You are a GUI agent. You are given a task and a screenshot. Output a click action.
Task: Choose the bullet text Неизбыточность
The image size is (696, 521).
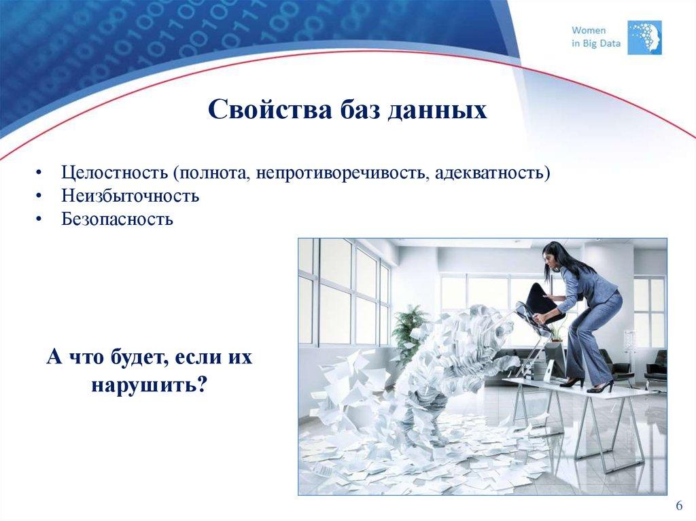pyautogui.click(x=130, y=196)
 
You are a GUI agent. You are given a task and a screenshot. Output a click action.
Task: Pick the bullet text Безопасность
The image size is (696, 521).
pyautogui.click(x=117, y=219)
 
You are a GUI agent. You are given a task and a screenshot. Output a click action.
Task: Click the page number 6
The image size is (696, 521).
pyautogui.click(x=678, y=507)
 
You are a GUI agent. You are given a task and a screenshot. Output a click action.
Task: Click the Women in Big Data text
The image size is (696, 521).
pyautogui.click(x=595, y=37)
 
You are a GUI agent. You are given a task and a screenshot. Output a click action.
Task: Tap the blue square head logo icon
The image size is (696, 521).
pyautogui.click(x=644, y=37)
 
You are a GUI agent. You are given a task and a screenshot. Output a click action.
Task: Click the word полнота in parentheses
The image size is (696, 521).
pyautogui.click(x=216, y=172)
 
